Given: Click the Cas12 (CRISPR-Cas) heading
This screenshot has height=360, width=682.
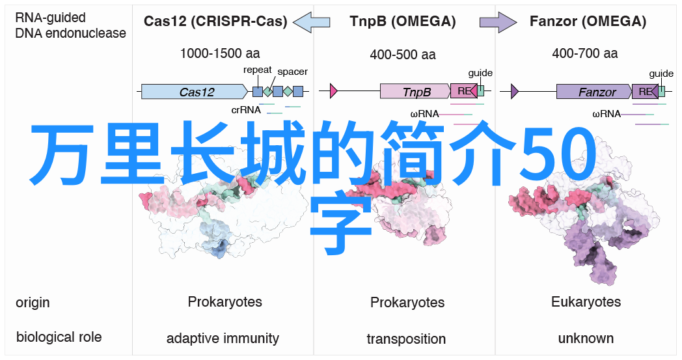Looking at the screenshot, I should click(x=215, y=21).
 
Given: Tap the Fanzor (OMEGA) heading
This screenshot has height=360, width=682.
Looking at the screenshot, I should click(x=588, y=21).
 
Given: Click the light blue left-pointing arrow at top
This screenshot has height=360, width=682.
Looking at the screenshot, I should click(x=312, y=22).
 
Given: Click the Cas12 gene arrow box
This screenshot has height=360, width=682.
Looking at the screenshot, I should click(x=196, y=92).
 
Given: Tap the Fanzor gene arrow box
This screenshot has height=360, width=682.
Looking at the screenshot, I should click(x=594, y=92).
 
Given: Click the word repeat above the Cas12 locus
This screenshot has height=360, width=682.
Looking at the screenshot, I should click(x=257, y=70).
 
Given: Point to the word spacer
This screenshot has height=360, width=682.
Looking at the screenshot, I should click(x=292, y=72).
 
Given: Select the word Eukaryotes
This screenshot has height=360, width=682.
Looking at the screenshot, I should click(x=586, y=302).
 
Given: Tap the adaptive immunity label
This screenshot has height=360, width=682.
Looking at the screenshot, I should click(x=223, y=339).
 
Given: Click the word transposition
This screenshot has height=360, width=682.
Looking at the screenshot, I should click(x=406, y=339).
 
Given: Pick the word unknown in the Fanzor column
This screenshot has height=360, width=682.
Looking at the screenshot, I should click(x=586, y=339).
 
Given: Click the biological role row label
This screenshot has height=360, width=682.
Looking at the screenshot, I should click(x=59, y=337).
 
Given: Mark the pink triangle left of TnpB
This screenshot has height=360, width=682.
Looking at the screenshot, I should click(x=333, y=91).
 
